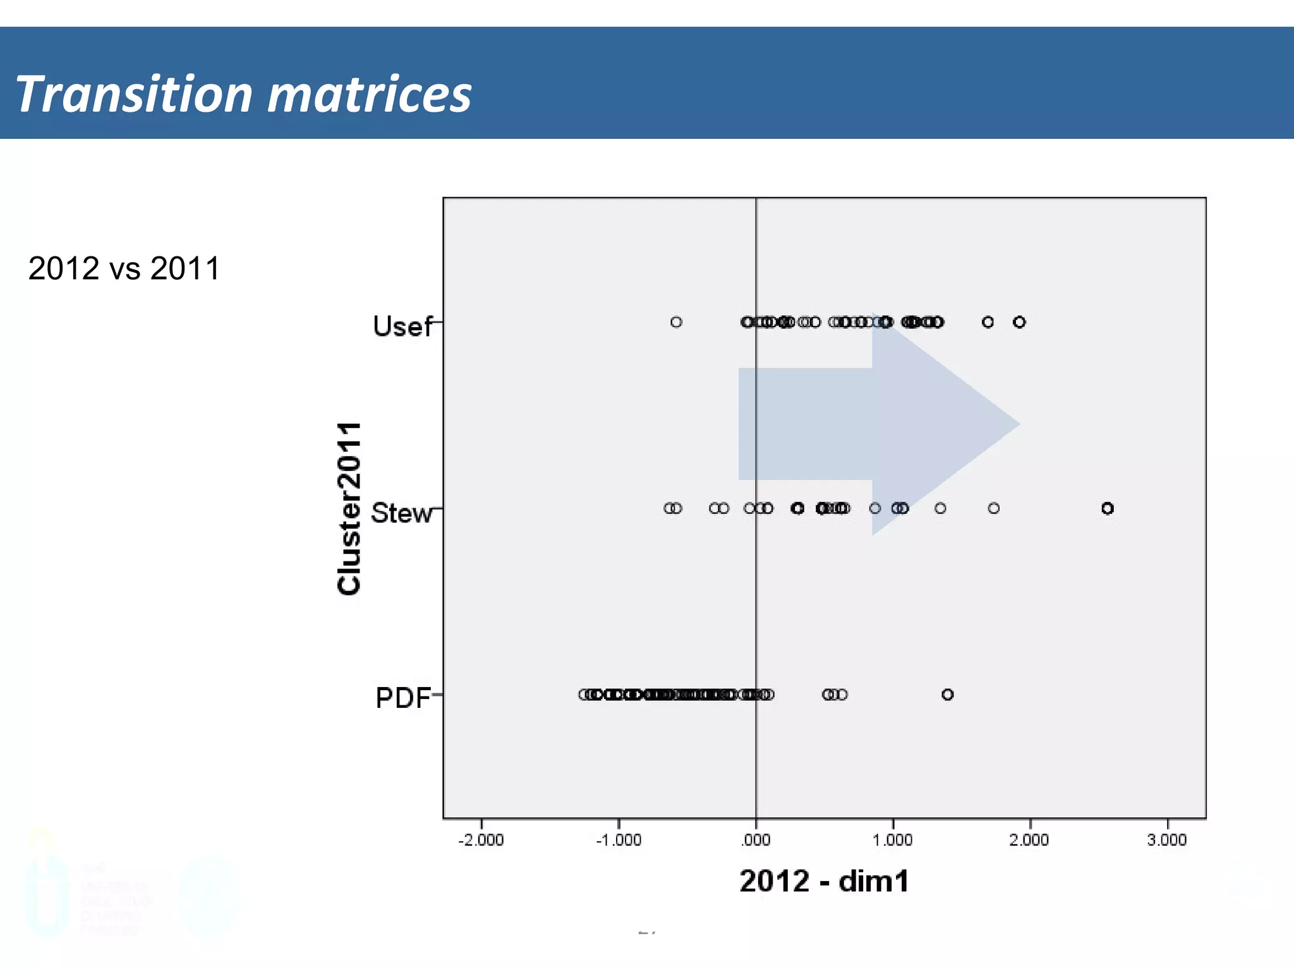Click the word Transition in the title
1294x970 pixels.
tap(134, 95)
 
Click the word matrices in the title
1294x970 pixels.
tap(370, 95)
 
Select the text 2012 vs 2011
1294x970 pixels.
tap(124, 268)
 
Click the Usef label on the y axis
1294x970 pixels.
tap(402, 326)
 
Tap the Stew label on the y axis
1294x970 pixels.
tap(401, 513)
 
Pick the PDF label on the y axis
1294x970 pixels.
tap(402, 698)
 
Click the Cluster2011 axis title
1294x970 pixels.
tap(349, 508)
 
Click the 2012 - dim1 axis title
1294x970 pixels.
tap(824, 881)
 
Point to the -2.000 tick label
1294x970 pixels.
tap(481, 840)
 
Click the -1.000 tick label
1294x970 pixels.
tap(619, 840)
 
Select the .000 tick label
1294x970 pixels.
tap(756, 840)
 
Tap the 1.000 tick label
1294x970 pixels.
tap(893, 840)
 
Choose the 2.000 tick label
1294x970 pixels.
tap(1029, 840)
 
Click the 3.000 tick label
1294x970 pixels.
tap(1167, 840)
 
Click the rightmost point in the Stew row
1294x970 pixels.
tap(1107, 508)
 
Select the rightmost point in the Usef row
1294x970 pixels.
tap(1019, 322)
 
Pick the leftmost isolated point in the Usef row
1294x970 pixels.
tap(676, 322)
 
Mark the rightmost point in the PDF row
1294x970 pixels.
tap(947, 695)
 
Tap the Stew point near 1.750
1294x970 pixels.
tap(994, 508)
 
